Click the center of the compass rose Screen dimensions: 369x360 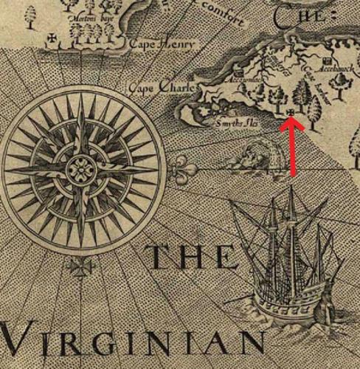pos(78,169)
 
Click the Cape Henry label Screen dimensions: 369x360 pos(163,46)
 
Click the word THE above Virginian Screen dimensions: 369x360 pos(193,258)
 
